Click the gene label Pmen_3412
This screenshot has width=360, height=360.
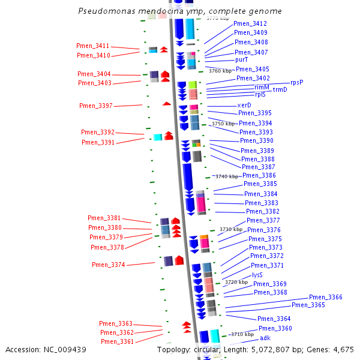[x=250, y=23]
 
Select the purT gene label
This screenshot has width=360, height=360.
[x=242, y=60]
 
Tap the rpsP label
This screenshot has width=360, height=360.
[x=297, y=82]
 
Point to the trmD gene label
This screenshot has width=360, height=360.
[x=280, y=89]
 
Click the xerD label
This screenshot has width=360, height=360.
[x=244, y=105]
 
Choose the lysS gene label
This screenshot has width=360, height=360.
[x=257, y=275]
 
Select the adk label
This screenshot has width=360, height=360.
[x=265, y=338]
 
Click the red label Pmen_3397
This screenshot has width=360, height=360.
[x=96, y=106]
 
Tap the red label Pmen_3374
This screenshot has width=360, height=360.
[x=109, y=265]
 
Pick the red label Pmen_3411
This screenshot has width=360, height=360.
[x=93, y=46]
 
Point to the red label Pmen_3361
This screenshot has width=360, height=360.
[x=118, y=341]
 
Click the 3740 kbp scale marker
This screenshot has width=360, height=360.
[x=227, y=176]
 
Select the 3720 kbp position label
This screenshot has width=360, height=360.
[x=236, y=282]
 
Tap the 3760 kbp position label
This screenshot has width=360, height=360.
[x=220, y=71]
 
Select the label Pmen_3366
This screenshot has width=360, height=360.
[x=326, y=298]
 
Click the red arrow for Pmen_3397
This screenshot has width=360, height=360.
[x=167, y=104]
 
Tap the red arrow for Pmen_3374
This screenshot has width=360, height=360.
[x=179, y=260]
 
